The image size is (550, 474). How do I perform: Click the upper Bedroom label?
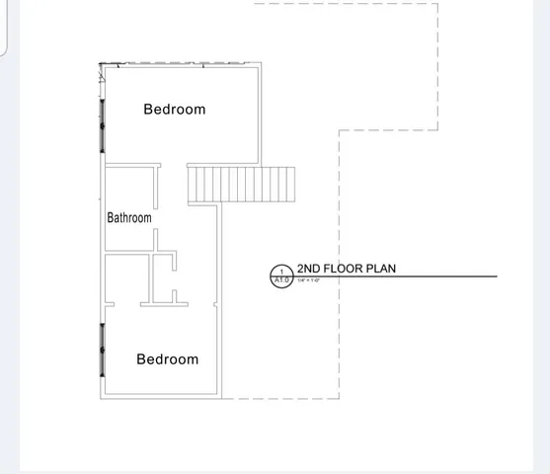(x=175, y=110)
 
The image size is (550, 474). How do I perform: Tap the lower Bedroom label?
(x=167, y=359)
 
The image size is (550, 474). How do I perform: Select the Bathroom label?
(x=129, y=217)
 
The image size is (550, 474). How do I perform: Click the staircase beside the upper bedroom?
(x=242, y=185)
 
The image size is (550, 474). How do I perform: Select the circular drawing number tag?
(x=281, y=276)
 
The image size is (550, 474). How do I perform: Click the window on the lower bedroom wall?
(x=101, y=350)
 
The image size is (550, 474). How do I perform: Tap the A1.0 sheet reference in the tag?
(x=281, y=280)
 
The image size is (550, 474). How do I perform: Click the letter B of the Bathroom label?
(x=111, y=217)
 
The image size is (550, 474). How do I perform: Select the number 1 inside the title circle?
(x=281, y=271)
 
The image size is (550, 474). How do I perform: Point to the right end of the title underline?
(x=497, y=276)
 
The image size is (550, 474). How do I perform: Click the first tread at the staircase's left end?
(x=192, y=185)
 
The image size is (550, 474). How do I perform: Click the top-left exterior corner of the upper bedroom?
(x=101, y=64)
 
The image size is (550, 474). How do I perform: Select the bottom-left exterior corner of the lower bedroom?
(x=101, y=398)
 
